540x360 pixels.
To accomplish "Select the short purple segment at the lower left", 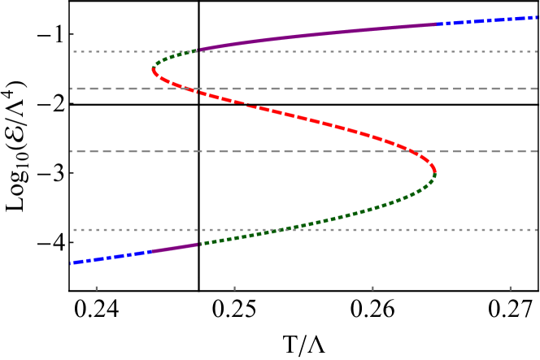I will pyautogui.click(x=174, y=247).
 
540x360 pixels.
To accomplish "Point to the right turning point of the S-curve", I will pyautogui.click(x=435, y=171).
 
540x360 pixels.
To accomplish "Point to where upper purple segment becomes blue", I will pyautogui.click(x=437, y=24).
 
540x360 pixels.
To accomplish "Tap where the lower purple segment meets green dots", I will pyautogui.click(x=198, y=243).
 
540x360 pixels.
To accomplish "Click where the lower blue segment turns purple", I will pyautogui.click(x=151, y=251).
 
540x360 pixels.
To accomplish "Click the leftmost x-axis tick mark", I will pyautogui.click(x=96, y=288).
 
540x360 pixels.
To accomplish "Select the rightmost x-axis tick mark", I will pyautogui.click(x=510, y=288).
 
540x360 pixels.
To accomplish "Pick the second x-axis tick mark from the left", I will pyautogui.click(x=234, y=288).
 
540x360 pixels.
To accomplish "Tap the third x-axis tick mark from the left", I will pyautogui.click(x=372, y=288).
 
